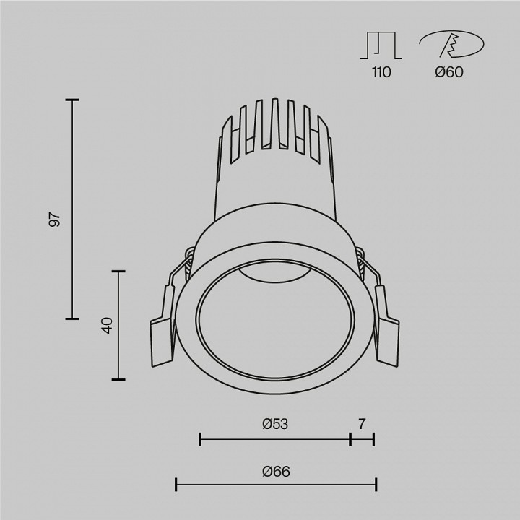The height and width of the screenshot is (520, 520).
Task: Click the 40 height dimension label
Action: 107,325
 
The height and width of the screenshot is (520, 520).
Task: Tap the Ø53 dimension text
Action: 275,424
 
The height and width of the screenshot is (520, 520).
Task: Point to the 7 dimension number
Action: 363,424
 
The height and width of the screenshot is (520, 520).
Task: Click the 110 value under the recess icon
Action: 381,72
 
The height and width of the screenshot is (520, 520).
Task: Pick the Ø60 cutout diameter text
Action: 449,72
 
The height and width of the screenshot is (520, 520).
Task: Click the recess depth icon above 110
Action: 381,45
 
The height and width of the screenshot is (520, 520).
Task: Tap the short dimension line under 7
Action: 363,438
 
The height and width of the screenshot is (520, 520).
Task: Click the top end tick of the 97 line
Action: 71,100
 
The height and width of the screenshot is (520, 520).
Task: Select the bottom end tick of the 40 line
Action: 118,379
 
